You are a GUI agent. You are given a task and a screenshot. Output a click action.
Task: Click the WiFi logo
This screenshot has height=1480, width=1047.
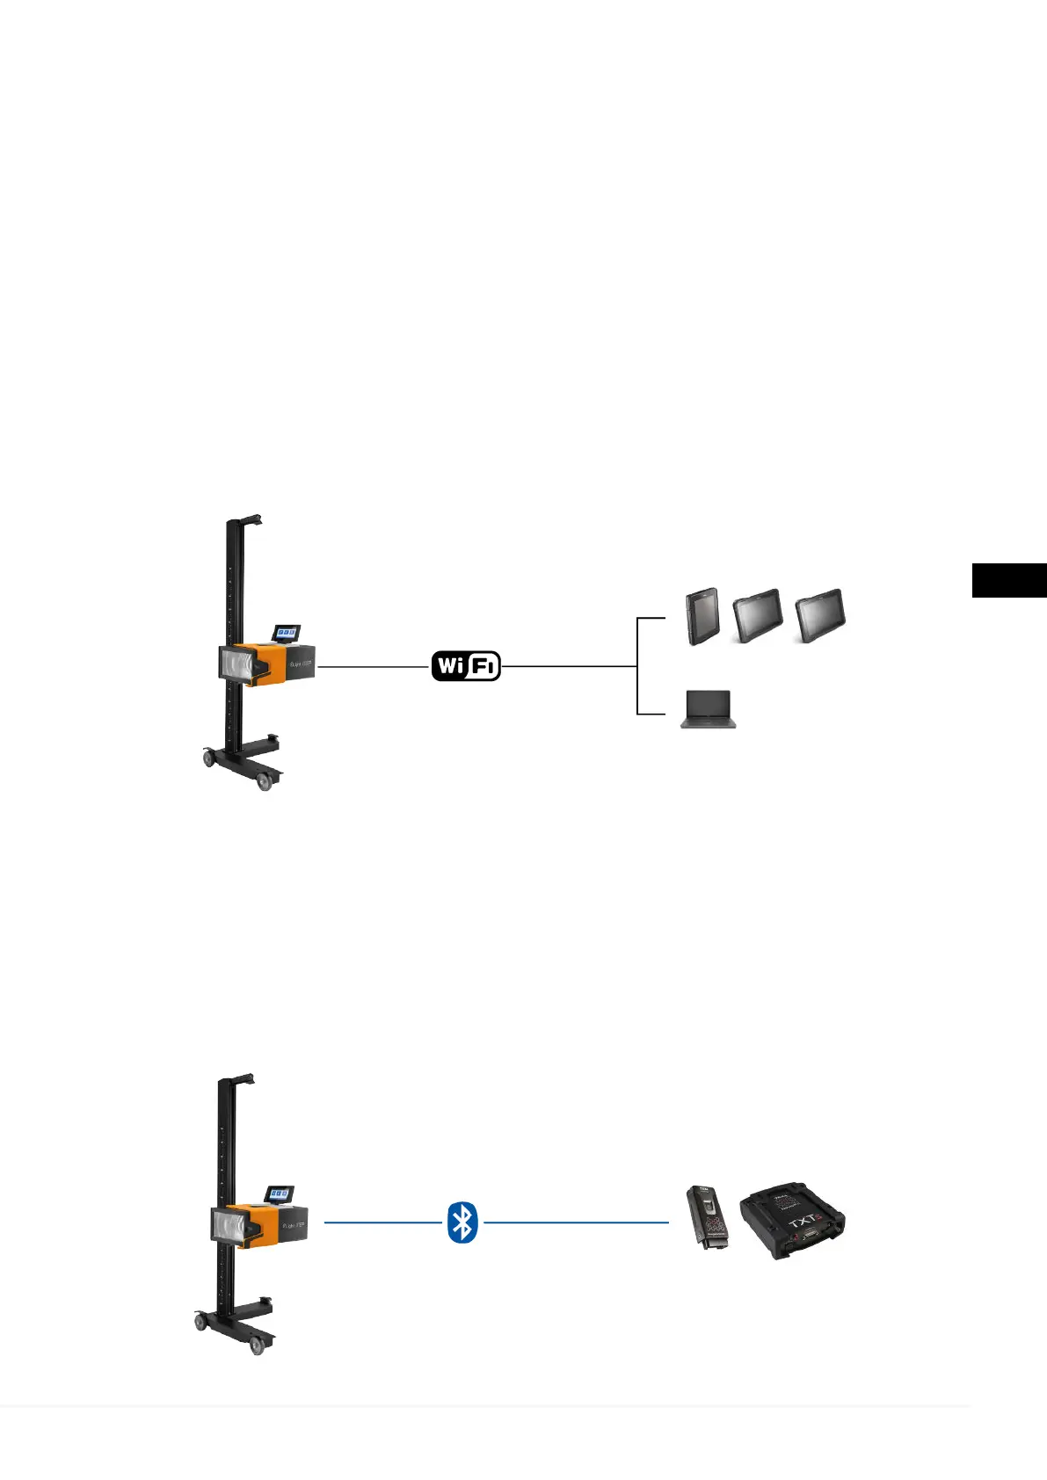[x=466, y=666]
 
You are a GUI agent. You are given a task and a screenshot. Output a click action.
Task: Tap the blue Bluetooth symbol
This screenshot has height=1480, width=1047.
[x=462, y=1222]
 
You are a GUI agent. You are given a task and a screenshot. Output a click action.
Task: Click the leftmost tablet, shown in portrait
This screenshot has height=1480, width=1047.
[x=702, y=617]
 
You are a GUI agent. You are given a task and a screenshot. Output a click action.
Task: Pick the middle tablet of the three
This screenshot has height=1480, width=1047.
[x=757, y=617]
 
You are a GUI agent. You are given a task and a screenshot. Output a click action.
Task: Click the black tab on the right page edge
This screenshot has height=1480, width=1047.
[x=1009, y=581]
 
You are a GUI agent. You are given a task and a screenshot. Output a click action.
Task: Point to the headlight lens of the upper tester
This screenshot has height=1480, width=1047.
[x=240, y=662]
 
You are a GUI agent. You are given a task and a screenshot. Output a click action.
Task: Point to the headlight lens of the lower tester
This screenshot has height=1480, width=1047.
[x=231, y=1224]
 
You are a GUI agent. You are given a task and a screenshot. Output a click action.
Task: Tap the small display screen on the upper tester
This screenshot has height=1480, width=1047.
[x=287, y=633]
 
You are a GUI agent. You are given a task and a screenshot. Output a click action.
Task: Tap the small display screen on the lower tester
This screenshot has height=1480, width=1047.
[x=280, y=1194]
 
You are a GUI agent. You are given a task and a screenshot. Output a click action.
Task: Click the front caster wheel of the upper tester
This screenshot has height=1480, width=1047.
[x=265, y=782]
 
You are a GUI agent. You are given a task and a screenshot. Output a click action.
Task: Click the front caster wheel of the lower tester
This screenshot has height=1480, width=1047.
[x=258, y=1346]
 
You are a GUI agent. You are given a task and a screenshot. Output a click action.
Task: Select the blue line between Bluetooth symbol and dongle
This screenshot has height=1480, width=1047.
[x=576, y=1222]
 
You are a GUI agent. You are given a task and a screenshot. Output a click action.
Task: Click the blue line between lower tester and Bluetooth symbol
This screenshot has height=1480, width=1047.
[x=382, y=1222]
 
